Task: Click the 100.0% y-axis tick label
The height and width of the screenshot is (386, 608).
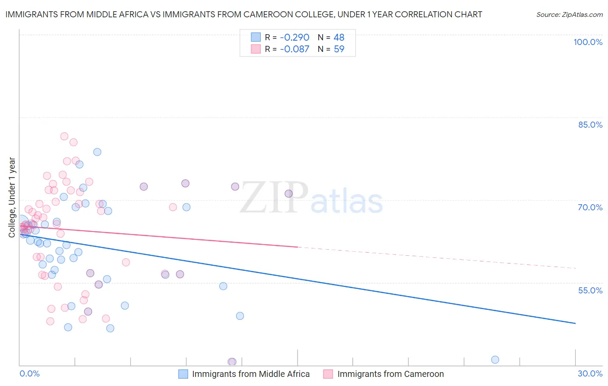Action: tap(588, 42)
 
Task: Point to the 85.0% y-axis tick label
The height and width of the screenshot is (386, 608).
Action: tap(590, 125)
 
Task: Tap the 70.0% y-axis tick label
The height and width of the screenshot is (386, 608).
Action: tap(590, 207)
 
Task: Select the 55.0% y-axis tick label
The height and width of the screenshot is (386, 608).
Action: tap(590, 290)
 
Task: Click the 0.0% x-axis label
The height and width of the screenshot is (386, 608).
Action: tap(29, 373)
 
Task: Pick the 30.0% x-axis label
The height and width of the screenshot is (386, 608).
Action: tap(590, 373)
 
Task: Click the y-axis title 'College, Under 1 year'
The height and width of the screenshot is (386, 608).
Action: tap(12, 197)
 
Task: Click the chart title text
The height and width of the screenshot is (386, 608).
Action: tap(243, 14)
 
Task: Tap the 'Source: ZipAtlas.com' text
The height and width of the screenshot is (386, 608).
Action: tap(569, 14)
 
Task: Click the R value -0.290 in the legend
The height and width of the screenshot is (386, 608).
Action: tap(294, 37)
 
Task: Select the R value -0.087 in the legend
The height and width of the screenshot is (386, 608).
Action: tap(294, 49)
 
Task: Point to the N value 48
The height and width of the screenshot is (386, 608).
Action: tap(339, 37)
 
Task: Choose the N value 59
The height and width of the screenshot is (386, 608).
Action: tap(339, 49)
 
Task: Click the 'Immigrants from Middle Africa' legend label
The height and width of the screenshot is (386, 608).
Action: tap(251, 374)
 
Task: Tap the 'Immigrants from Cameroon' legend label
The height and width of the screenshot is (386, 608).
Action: tap(390, 374)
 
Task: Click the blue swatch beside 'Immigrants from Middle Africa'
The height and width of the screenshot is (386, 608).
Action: tap(183, 374)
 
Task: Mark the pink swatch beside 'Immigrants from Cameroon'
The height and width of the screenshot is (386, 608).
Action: tap(328, 374)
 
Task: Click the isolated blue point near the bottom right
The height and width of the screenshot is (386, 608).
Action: tap(495, 360)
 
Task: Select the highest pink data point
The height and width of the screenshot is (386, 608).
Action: tap(64, 136)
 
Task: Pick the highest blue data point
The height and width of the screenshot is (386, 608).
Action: tap(97, 152)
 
